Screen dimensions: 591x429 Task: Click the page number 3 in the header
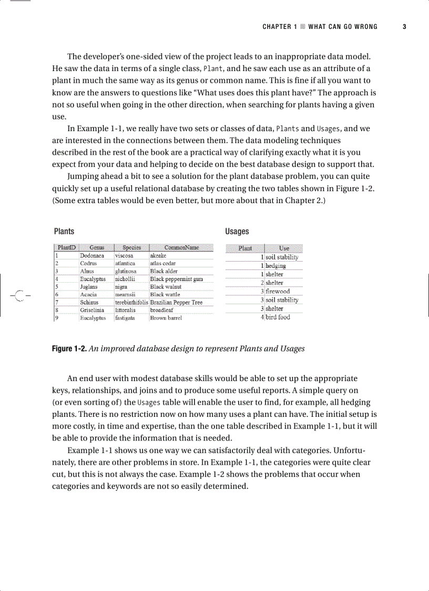click(404, 27)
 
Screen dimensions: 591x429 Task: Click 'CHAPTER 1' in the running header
click(280, 27)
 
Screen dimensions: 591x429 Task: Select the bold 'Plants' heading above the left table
click(64, 232)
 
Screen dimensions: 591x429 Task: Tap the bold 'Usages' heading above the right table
click(237, 232)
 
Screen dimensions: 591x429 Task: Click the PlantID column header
click(66, 247)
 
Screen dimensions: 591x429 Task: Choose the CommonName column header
click(181, 247)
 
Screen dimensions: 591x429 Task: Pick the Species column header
click(131, 247)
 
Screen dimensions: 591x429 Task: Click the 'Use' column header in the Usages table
click(284, 248)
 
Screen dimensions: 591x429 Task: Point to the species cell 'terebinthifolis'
click(131, 303)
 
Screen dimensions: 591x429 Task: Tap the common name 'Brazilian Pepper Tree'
click(176, 303)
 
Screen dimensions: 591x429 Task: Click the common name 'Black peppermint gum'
click(176, 279)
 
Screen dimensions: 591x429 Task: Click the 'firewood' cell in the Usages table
click(278, 291)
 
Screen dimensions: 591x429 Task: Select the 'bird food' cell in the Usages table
click(278, 317)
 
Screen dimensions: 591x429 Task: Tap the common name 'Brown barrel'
click(166, 318)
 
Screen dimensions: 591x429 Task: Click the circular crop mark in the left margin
click(19, 296)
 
